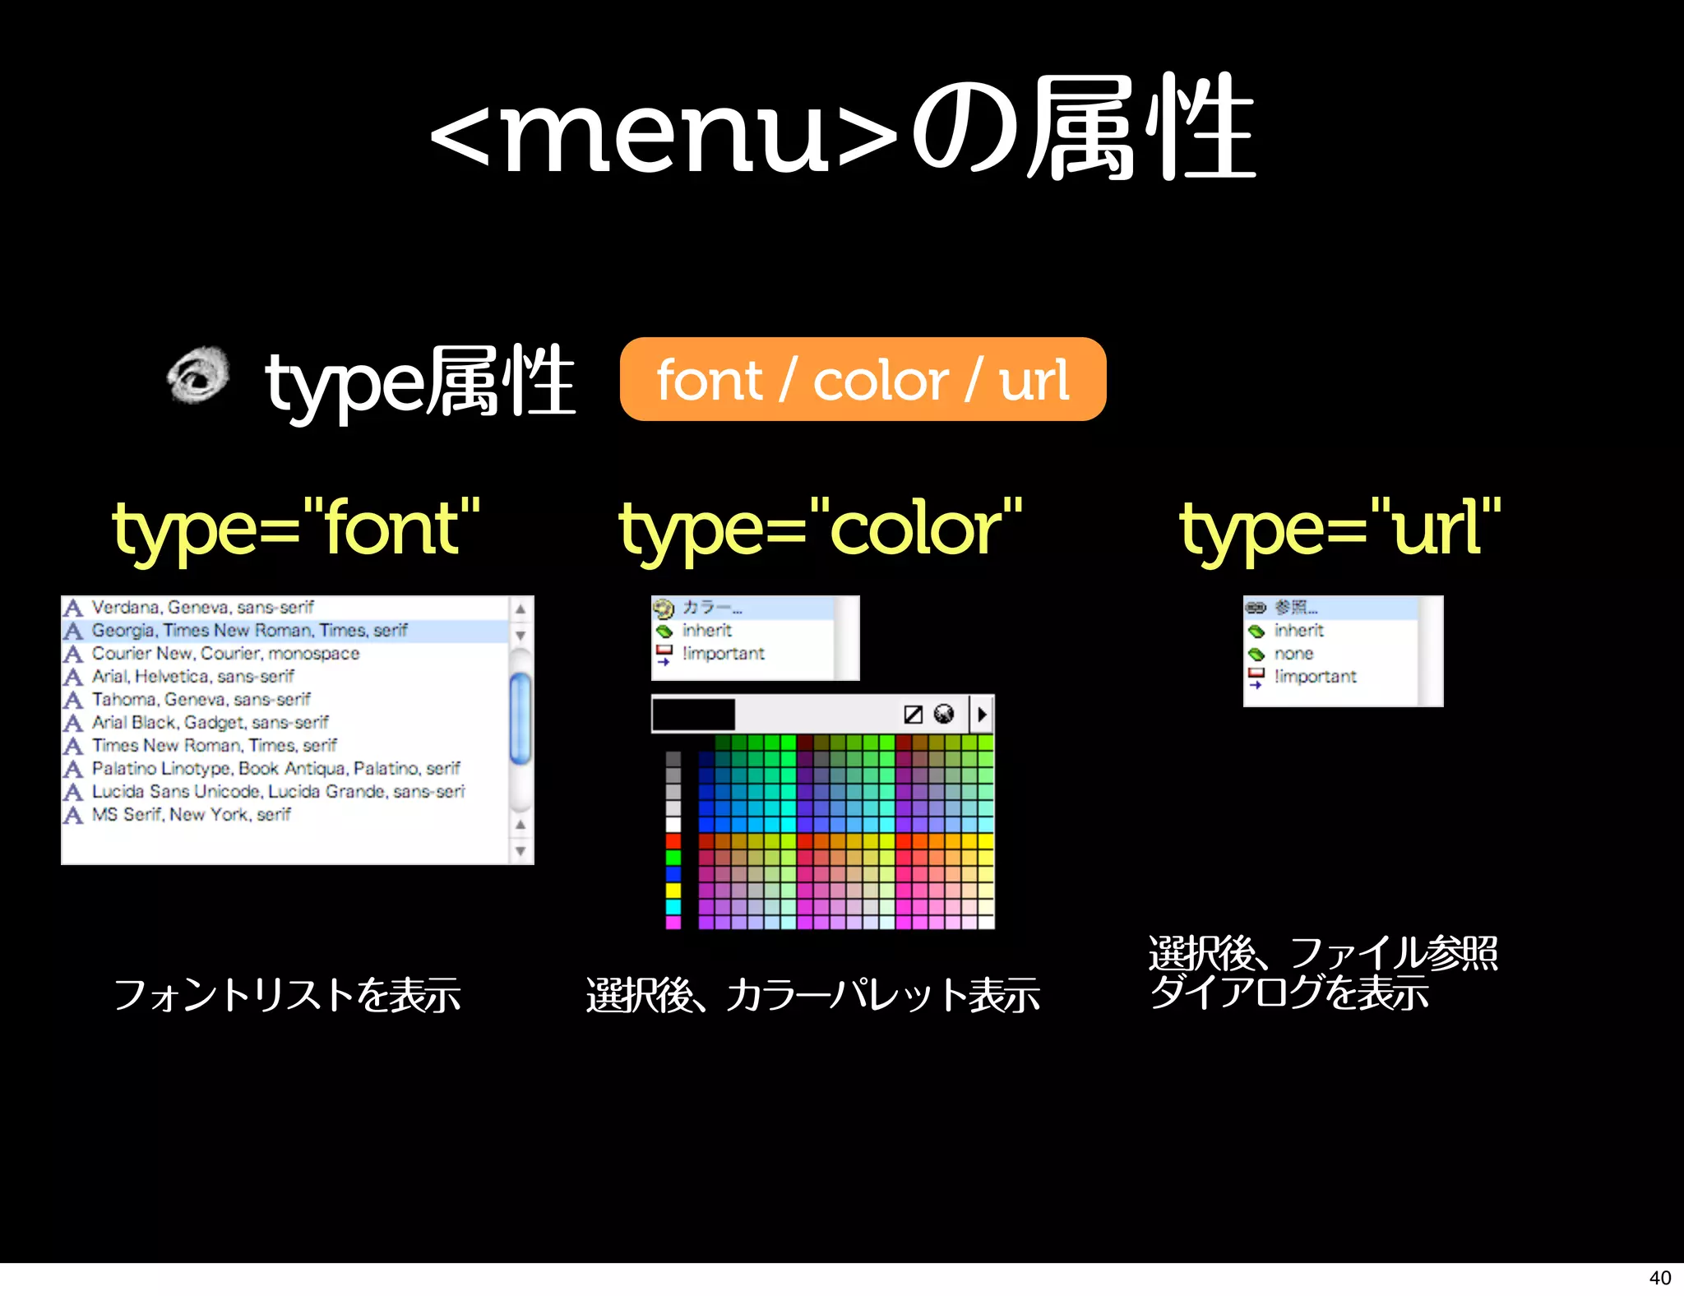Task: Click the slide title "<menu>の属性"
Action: pyautogui.click(x=842, y=127)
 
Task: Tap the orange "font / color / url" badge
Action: pyautogui.click(x=863, y=380)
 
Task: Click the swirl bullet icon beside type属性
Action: pyautogui.click(x=198, y=375)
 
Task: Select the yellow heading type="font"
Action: pyautogui.click(x=296, y=529)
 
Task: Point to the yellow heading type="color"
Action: pyautogui.click(x=820, y=529)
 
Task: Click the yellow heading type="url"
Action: pyautogui.click(x=1340, y=529)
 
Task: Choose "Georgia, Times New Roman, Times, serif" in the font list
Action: pyautogui.click(x=249, y=631)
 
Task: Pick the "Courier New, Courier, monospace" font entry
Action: pyautogui.click(x=225, y=654)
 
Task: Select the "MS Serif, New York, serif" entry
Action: pyautogui.click(x=191, y=815)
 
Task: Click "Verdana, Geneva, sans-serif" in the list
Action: pyautogui.click(x=202, y=608)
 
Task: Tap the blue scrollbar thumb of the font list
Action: pyautogui.click(x=520, y=718)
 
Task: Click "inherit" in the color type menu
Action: pyautogui.click(x=706, y=631)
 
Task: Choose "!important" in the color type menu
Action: pyautogui.click(x=723, y=654)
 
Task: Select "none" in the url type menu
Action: pyautogui.click(x=1293, y=654)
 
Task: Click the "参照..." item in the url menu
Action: pyautogui.click(x=1296, y=608)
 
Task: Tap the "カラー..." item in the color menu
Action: pyautogui.click(x=712, y=608)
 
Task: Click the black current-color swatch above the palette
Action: pyautogui.click(x=693, y=715)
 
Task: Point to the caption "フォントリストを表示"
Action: pyautogui.click(x=286, y=995)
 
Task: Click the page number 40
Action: pyautogui.click(x=1659, y=1278)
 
